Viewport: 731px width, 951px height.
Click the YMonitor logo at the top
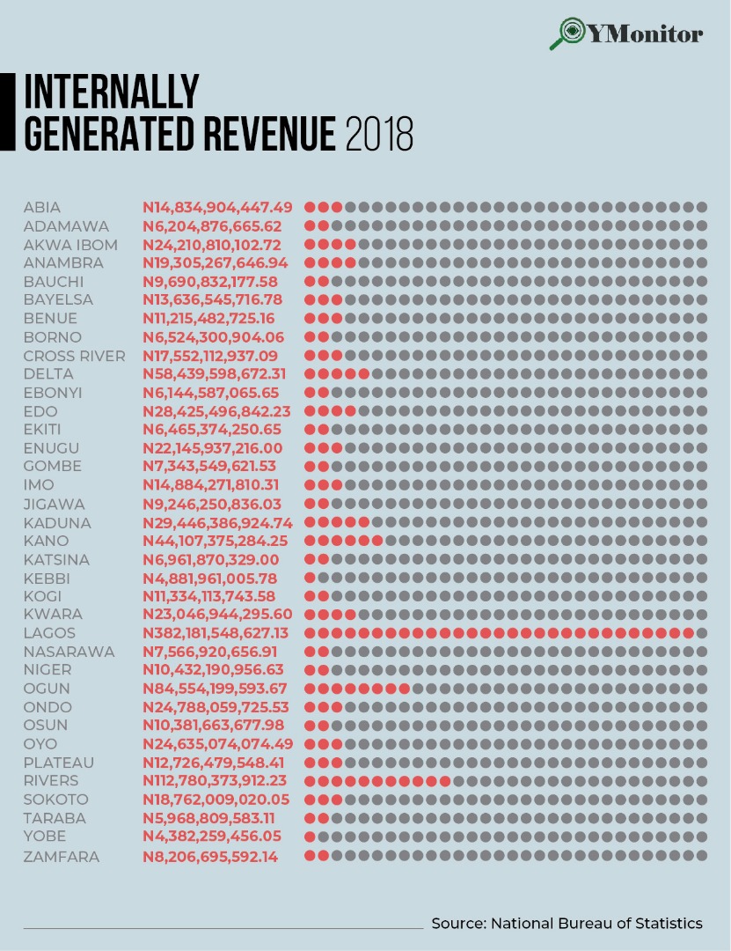click(x=626, y=34)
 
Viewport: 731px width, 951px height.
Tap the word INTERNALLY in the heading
click(x=112, y=92)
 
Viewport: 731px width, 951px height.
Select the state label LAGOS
click(x=49, y=633)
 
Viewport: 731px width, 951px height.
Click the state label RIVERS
click(x=51, y=781)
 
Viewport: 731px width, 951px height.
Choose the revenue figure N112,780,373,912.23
click(x=216, y=781)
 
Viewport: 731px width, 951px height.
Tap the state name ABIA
click(x=42, y=208)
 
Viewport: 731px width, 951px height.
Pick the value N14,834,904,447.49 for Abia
click(x=217, y=208)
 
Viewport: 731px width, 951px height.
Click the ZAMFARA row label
click(x=62, y=857)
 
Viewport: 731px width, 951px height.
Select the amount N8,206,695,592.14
click(x=210, y=857)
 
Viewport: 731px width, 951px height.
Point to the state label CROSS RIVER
click(x=74, y=356)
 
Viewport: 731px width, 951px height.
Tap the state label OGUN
click(x=47, y=689)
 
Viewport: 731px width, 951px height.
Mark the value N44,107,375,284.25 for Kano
click(x=216, y=541)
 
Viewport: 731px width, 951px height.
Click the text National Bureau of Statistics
click(x=596, y=923)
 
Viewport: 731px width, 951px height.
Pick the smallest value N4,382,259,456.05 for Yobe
click(x=212, y=837)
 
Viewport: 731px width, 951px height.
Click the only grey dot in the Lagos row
click(x=701, y=633)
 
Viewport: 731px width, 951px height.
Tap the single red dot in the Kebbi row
click(x=311, y=578)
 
